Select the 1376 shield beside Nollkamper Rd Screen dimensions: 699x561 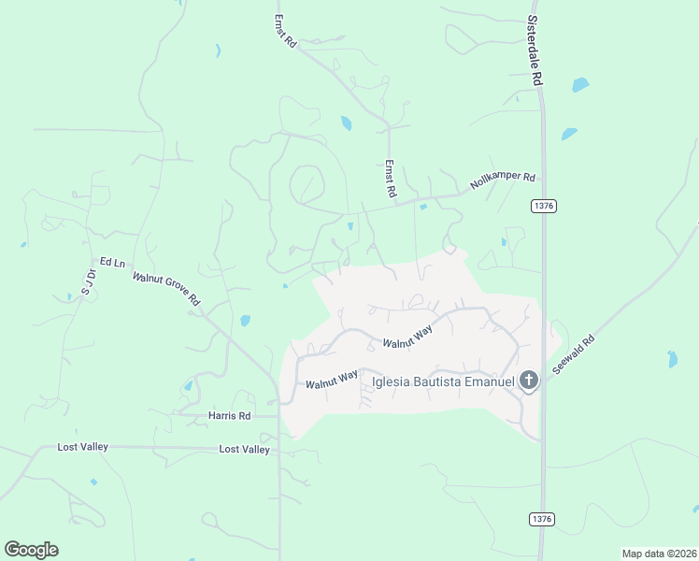(x=543, y=205)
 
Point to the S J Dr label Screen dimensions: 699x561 (x=89, y=281)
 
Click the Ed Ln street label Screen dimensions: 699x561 (x=112, y=263)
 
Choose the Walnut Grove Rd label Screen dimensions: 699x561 (x=166, y=289)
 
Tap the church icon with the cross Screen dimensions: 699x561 (x=529, y=381)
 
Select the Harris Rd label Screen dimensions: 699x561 (x=230, y=415)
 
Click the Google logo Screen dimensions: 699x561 (x=31, y=550)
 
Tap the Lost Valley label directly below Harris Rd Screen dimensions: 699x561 (x=244, y=450)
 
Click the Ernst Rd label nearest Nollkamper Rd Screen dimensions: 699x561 (x=391, y=178)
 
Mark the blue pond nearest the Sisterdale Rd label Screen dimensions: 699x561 (x=580, y=85)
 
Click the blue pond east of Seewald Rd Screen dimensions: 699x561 (x=672, y=358)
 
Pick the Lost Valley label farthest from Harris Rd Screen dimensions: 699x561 (x=82, y=447)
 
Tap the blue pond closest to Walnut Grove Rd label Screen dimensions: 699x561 (x=245, y=321)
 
